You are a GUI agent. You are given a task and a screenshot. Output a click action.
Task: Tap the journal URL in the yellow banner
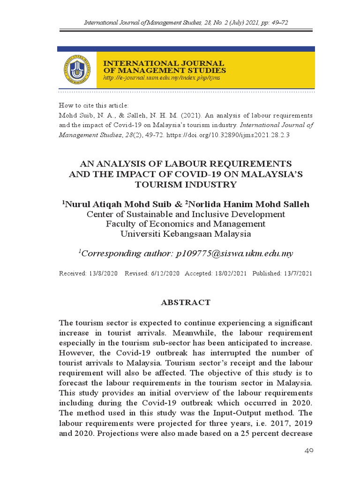coord(161,78)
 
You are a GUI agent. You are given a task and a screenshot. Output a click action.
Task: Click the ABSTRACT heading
coord(186,302)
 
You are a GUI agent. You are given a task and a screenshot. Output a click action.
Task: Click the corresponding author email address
coord(234,254)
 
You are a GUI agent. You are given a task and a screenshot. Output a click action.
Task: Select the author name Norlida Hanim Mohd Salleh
coord(248,204)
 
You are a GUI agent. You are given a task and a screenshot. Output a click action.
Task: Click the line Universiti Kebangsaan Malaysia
coord(186,234)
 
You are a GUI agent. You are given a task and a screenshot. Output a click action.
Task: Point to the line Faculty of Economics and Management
coord(186,224)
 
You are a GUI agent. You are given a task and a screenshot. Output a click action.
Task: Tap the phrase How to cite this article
coord(93,105)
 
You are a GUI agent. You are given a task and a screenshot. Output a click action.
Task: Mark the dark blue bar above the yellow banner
coord(186,49)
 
